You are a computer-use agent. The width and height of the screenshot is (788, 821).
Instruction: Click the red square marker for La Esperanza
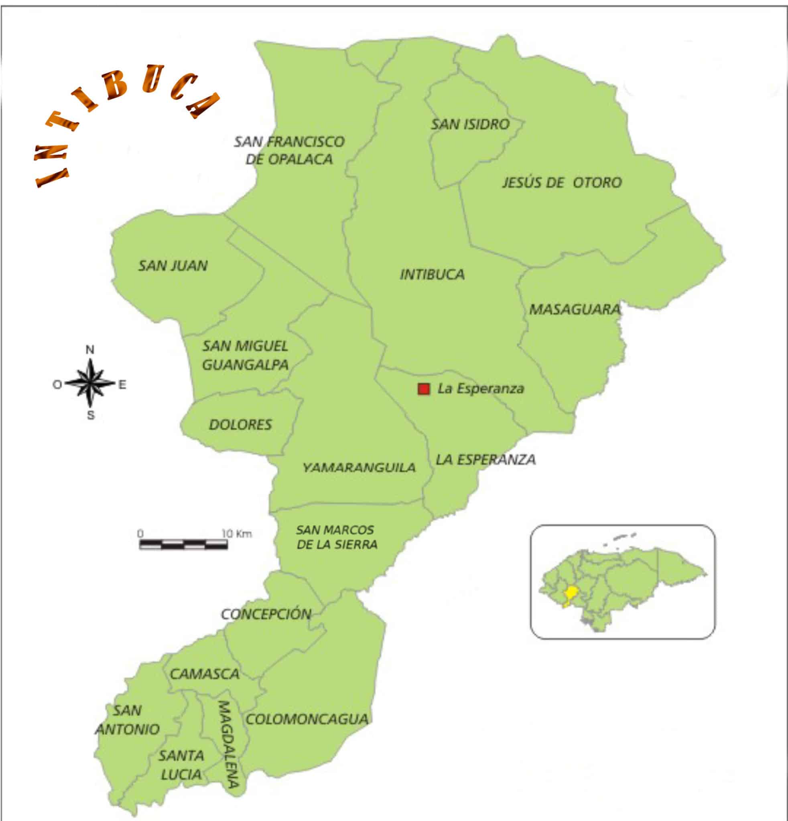(x=424, y=389)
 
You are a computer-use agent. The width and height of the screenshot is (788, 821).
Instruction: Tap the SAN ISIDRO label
(x=470, y=124)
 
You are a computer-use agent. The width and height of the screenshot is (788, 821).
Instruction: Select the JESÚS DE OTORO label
(x=562, y=183)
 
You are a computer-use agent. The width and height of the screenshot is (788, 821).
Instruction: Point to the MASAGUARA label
(x=575, y=309)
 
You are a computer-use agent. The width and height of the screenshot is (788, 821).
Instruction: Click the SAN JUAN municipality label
(x=173, y=265)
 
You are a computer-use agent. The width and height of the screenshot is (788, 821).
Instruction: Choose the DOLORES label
(x=241, y=425)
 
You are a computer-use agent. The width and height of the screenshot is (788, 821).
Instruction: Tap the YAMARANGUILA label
(x=359, y=467)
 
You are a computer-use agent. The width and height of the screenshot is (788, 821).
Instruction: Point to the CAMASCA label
(x=205, y=674)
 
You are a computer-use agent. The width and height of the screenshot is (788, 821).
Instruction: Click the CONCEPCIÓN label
(x=266, y=615)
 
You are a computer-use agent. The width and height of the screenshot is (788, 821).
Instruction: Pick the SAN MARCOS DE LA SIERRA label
(x=336, y=538)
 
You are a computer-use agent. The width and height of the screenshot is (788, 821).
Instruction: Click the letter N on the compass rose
(x=90, y=350)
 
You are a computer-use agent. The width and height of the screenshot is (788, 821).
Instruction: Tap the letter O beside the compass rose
(x=57, y=384)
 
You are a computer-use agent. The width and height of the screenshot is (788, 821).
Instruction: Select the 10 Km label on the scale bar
(x=237, y=534)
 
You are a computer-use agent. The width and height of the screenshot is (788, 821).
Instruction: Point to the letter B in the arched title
(x=114, y=85)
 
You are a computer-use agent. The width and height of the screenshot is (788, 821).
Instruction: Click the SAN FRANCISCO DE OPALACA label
(x=289, y=150)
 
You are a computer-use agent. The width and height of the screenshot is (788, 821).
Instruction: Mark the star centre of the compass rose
(x=90, y=383)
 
